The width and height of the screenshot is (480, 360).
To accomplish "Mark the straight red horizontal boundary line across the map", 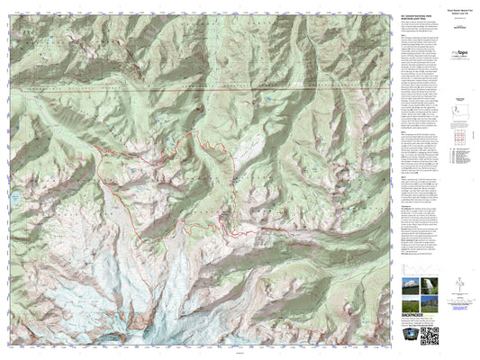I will [198, 91].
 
